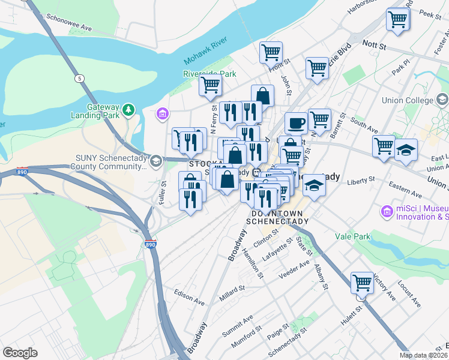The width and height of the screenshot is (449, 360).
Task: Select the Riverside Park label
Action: point(209,74)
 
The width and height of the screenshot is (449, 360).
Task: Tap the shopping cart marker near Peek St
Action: point(398,19)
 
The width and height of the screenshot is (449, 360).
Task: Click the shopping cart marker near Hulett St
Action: point(362,282)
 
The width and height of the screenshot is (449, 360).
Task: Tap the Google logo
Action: point(20,353)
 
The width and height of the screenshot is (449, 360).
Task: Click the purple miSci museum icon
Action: point(387,211)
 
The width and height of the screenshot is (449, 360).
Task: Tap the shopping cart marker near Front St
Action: point(271,52)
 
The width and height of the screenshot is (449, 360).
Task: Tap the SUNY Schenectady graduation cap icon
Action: point(155,161)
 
